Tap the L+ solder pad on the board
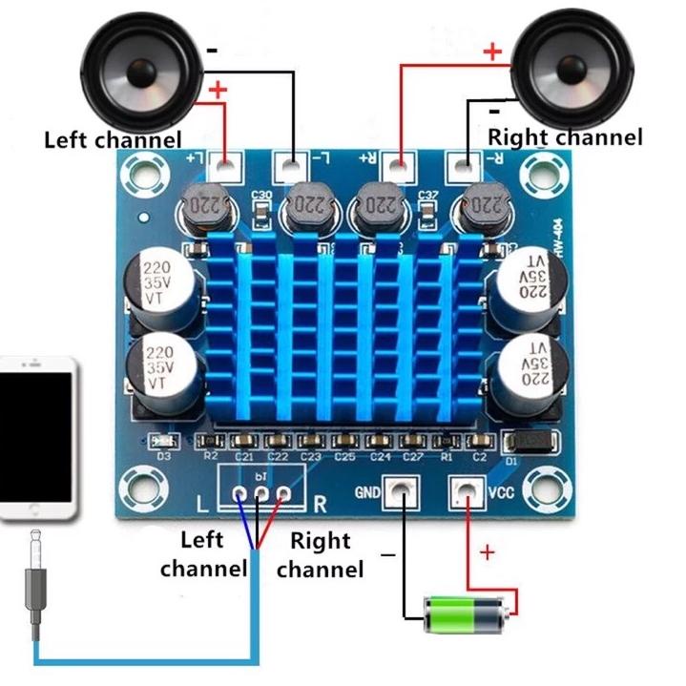pos(224,167)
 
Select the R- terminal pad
pos(463,167)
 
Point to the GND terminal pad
pos(401,493)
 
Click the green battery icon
pos(464,613)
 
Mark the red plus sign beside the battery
pos(488,552)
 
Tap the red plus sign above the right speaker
pos(492,52)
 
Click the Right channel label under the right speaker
pos(565,137)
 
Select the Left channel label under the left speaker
pos(113,140)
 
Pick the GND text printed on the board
pos(368,493)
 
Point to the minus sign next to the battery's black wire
pos(388,554)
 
